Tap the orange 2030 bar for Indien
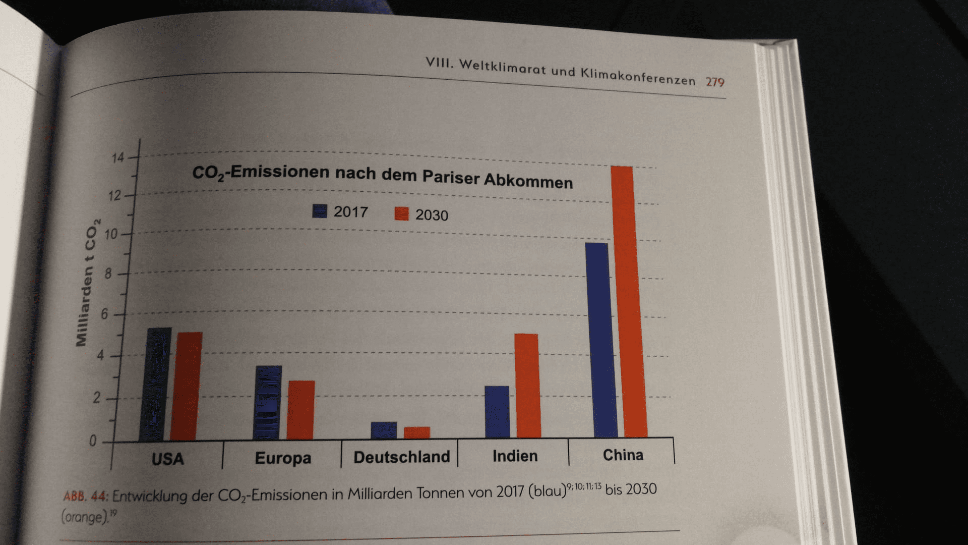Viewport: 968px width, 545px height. (x=527, y=386)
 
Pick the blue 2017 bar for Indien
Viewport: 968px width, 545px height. (x=497, y=412)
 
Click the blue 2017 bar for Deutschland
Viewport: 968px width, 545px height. (x=384, y=430)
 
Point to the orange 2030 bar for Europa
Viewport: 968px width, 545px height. (x=301, y=410)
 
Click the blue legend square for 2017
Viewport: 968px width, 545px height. (x=320, y=211)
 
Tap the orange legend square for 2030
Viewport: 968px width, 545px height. (x=401, y=214)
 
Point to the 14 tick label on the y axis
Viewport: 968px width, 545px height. (x=117, y=158)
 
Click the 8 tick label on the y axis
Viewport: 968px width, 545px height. (x=108, y=274)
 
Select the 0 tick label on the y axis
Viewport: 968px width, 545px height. (x=93, y=441)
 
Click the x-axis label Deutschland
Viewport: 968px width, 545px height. (x=401, y=457)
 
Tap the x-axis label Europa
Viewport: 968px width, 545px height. (x=283, y=458)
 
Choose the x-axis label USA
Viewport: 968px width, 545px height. (x=167, y=459)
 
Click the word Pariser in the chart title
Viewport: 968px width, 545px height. (x=451, y=177)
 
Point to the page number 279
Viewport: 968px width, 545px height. (x=714, y=82)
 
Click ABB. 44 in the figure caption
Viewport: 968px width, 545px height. (x=85, y=497)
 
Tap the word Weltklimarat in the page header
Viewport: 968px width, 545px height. (x=503, y=67)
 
